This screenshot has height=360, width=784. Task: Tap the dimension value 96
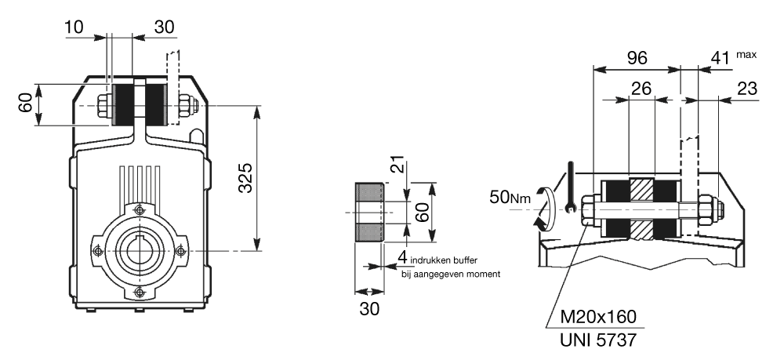point(637,58)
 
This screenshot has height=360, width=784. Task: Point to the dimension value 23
point(746,89)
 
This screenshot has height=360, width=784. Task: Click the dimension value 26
point(642,89)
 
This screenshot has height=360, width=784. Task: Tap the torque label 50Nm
point(510,198)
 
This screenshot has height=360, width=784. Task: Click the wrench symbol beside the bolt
point(571,188)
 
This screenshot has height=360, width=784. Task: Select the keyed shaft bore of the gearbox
point(139,250)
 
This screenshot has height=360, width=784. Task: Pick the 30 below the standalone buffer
point(369,308)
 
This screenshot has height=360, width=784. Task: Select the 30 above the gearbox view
point(164,27)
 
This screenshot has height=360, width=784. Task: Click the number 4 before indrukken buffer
point(401,257)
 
